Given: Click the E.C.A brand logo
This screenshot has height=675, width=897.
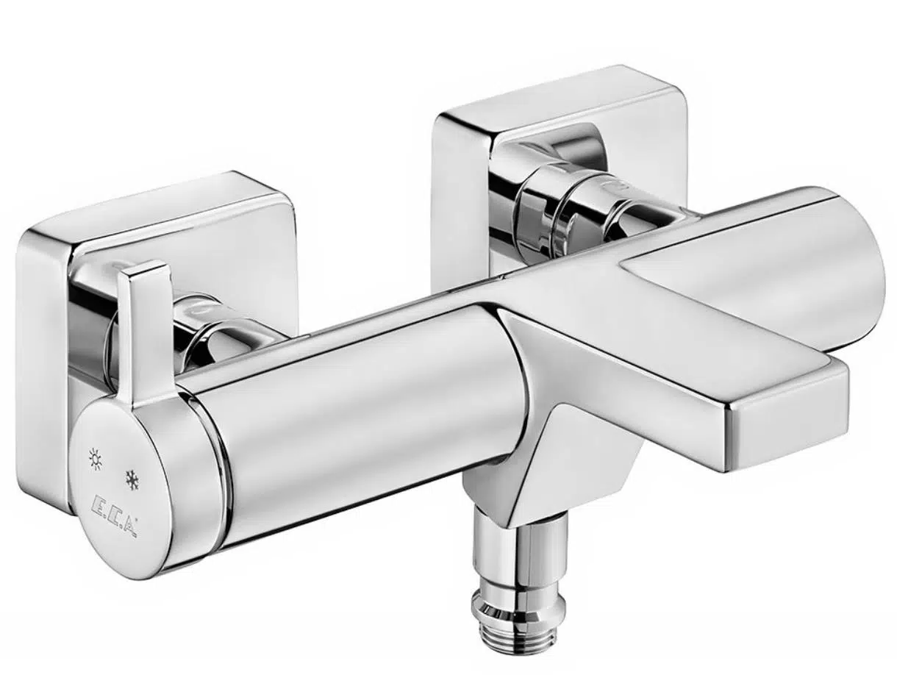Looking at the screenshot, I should [115, 518].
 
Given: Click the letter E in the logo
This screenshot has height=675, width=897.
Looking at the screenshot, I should [99, 509].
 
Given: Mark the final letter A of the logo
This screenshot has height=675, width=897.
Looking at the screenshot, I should [129, 526].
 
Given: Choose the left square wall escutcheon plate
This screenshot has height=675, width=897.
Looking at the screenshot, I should [44, 353].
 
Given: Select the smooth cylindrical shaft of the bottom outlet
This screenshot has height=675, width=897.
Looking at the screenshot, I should [521, 551].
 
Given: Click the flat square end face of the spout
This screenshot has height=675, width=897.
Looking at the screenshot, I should [787, 419].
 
